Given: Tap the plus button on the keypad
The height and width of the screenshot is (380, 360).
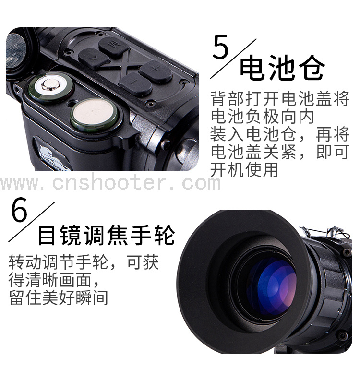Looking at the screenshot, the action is point(156,71).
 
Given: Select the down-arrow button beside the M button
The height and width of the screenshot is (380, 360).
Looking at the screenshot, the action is point(94,59).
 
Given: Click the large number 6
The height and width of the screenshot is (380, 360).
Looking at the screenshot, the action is point(19,209).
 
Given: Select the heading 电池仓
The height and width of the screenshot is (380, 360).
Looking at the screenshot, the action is point(282,68).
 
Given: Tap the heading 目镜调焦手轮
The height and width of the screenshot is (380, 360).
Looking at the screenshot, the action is point(106,235).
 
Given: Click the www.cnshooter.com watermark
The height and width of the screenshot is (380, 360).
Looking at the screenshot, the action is point(110,183).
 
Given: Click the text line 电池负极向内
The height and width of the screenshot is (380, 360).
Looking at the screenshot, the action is point(262,117).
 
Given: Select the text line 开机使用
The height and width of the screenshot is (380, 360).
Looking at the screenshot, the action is point(244,169).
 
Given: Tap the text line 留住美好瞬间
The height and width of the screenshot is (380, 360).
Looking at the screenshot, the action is point(59,297).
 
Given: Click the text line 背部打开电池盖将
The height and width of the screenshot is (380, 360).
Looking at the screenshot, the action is point(280,99).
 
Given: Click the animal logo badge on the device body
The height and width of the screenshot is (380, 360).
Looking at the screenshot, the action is point(52,155).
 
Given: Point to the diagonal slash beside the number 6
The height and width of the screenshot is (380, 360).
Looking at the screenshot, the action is point(32,222).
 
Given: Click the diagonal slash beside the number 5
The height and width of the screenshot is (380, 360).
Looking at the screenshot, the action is point(233,59).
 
